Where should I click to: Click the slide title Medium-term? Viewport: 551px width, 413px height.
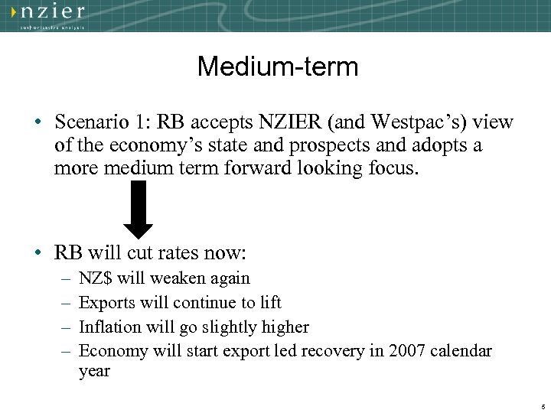(x=277, y=67)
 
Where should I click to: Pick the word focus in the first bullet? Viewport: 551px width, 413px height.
(x=393, y=168)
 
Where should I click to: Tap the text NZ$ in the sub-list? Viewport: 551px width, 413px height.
(x=96, y=278)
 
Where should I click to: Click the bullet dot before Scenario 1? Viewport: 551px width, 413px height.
(x=37, y=122)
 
